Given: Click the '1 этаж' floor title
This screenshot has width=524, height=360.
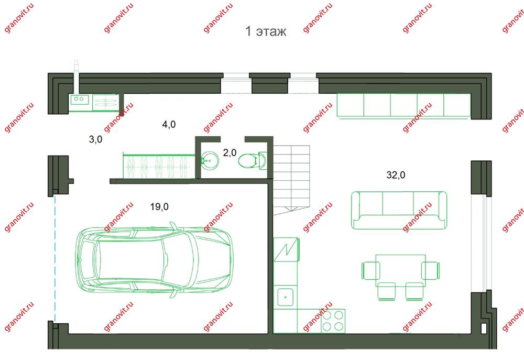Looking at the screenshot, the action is pyautogui.click(x=266, y=31).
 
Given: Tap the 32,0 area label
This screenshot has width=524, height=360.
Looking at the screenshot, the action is pyautogui.click(x=396, y=175).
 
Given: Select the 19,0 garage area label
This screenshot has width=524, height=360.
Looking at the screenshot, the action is pyautogui.click(x=159, y=207).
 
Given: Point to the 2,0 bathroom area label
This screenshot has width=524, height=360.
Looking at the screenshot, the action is pyautogui.click(x=230, y=153).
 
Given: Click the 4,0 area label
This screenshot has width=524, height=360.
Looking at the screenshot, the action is pyautogui.click(x=169, y=125).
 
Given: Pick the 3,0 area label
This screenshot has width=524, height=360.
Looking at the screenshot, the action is pyautogui.click(x=95, y=139).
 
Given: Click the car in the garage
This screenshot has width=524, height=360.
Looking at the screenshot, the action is pyautogui.click(x=155, y=260).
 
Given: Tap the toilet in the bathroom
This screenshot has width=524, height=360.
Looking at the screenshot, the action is pyautogui.click(x=253, y=161).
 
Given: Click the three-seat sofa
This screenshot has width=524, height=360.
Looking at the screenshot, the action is pyautogui.click(x=399, y=210).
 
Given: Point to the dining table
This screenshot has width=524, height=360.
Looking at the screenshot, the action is pyautogui.click(x=400, y=270).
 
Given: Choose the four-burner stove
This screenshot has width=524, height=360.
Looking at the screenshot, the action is pyautogui.click(x=333, y=321).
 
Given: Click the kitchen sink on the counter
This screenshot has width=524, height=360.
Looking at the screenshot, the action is pyautogui.click(x=286, y=297).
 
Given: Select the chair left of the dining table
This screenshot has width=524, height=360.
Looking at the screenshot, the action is pyautogui.click(x=370, y=270).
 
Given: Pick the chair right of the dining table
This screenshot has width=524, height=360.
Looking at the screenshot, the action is pyautogui.click(x=430, y=270).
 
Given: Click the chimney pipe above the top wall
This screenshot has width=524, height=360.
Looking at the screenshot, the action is pyautogui.click(x=77, y=76).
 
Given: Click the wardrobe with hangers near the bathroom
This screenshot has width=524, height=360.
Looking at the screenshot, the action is pyautogui.click(x=159, y=166).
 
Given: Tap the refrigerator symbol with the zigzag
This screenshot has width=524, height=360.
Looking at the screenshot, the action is pyautogui.click(x=286, y=249).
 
